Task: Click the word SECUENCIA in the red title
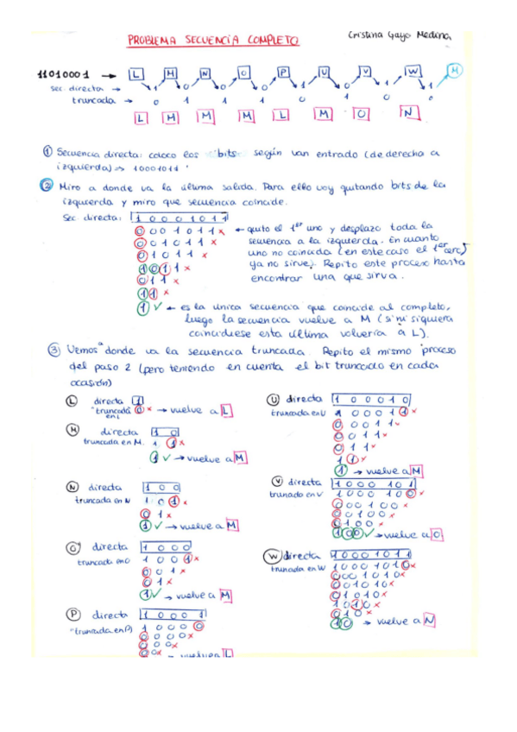pos(200,40)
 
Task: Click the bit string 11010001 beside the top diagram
pos(65,75)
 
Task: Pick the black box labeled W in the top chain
pos(412,71)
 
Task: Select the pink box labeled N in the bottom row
pos(409,113)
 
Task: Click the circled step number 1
pos(48,150)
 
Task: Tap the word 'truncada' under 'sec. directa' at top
pos(94,100)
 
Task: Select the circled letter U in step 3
pos(274,399)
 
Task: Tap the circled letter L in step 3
pos(73,401)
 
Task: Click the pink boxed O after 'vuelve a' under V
pos(438,535)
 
